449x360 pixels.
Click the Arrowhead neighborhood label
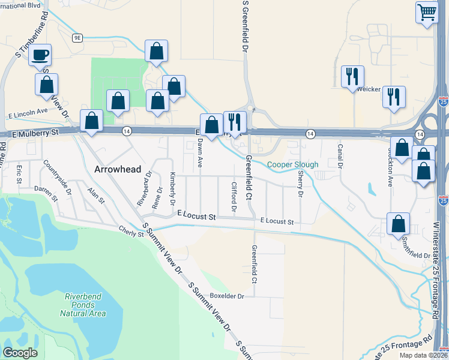[x=118, y=169]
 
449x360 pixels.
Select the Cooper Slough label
[x=292, y=164]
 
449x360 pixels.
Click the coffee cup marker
[x=40, y=56]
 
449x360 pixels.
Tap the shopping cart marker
[x=427, y=12]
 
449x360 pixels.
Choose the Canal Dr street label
[x=340, y=156]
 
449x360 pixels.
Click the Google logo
[x=20, y=352]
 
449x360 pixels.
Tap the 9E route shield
[x=77, y=38]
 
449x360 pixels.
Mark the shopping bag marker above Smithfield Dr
[x=398, y=224]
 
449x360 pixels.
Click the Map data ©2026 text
[x=423, y=355]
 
